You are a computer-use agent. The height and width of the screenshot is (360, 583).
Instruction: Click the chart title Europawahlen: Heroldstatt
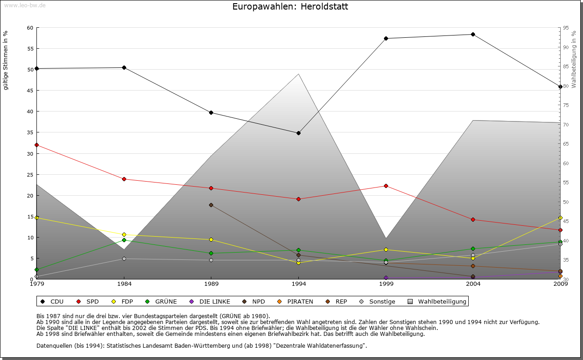click(290, 7)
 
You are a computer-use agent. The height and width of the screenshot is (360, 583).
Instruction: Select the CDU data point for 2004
click(473, 34)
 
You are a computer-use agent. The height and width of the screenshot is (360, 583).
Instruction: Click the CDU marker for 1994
click(298, 133)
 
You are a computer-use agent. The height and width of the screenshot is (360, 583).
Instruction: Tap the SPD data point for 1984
click(124, 179)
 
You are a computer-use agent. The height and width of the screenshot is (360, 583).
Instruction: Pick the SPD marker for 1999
click(386, 186)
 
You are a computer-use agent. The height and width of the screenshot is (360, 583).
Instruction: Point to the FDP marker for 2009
click(560, 218)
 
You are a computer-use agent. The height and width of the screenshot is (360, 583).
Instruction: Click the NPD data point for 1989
click(211, 205)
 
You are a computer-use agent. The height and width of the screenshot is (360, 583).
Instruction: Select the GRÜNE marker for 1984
click(124, 240)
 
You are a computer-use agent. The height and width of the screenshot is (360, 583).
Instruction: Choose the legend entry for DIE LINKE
click(210, 301)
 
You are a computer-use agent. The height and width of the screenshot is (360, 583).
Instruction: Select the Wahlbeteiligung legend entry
click(437, 301)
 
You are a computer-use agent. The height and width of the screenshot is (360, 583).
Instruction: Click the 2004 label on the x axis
click(473, 284)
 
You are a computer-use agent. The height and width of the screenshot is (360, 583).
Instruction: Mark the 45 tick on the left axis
click(30, 91)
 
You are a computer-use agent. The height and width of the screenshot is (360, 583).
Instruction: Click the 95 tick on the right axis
click(565, 28)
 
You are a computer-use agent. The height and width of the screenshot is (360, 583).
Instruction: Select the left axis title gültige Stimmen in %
click(6, 60)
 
